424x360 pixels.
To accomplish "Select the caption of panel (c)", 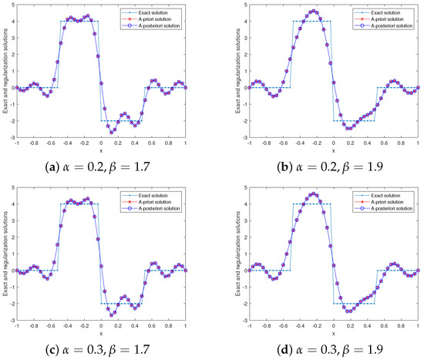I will [x=100, y=348].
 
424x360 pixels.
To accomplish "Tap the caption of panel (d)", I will [x=334, y=348].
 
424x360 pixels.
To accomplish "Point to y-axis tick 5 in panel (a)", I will [x=8, y=5].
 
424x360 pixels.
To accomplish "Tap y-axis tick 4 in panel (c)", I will [x=8, y=204].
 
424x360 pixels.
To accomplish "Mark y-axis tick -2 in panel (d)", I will [x=241, y=304].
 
